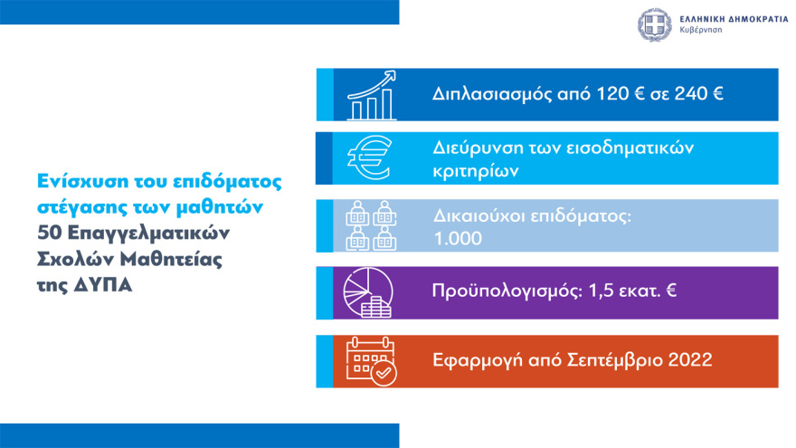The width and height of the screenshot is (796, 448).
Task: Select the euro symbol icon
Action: [x=369, y=159]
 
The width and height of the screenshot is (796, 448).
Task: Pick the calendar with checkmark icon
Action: [x=370, y=360]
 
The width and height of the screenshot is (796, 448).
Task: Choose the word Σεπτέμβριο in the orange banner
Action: [x=610, y=359]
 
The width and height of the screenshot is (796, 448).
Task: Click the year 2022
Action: [x=689, y=359]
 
